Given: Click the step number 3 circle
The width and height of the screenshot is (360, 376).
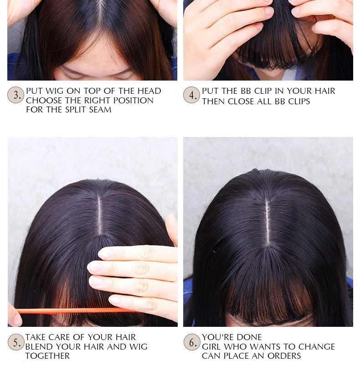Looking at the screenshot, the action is [15, 95].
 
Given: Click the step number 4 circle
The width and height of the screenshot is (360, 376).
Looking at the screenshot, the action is [191, 95].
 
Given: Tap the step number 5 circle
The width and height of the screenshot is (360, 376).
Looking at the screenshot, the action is [16, 342].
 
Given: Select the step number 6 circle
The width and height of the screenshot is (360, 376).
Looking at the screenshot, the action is [192, 342].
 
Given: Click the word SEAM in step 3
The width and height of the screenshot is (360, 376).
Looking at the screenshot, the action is [100, 110].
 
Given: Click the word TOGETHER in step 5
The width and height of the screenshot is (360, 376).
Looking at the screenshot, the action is [47, 356].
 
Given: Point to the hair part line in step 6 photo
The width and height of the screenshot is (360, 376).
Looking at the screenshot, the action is [267, 222].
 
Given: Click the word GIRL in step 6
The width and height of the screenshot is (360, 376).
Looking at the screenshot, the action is [212, 346].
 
